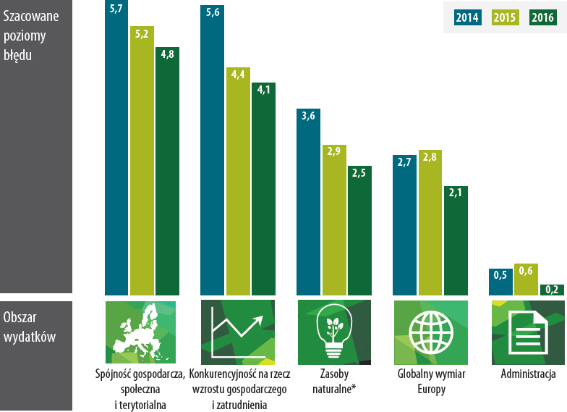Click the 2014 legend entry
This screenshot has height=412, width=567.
(x=467, y=17)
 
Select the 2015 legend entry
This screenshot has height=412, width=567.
(x=505, y=17)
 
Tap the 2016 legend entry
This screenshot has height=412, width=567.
(x=542, y=17)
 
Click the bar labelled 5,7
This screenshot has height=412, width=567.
(x=116, y=148)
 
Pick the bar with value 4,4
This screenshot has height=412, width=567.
(x=238, y=181)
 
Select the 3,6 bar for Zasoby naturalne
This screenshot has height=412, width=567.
(x=308, y=202)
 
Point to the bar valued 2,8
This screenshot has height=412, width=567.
(x=430, y=223)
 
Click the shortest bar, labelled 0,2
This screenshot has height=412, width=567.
(x=552, y=290)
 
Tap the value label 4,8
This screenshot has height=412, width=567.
(x=168, y=54)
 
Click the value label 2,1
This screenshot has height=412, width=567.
(x=456, y=193)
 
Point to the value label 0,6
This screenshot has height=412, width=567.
(x=526, y=271)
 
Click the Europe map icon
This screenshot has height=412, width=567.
(x=140, y=332)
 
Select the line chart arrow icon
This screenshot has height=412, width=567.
(x=238, y=332)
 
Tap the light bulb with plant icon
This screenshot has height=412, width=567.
(x=334, y=332)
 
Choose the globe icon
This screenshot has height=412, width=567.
(x=431, y=332)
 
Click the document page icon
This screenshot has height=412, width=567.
(x=528, y=332)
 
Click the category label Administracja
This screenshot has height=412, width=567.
(x=528, y=374)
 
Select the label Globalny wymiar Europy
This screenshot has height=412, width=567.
(x=431, y=381)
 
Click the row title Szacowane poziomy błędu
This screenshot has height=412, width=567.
(x=30, y=36)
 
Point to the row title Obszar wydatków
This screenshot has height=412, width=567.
(x=29, y=327)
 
